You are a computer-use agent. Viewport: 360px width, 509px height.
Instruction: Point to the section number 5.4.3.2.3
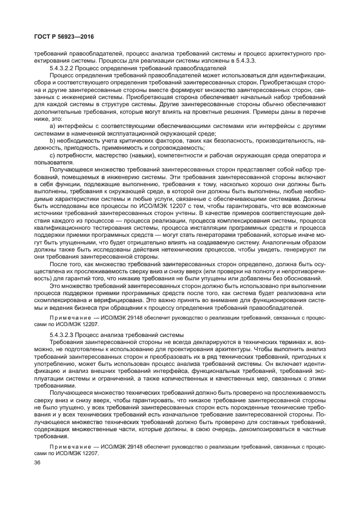coord(65,334)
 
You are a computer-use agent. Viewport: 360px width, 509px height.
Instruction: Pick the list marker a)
coord(53,125)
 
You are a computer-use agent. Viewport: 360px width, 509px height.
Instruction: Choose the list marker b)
coord(53,140)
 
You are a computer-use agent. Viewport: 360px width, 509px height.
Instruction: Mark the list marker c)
coord(52,155)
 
